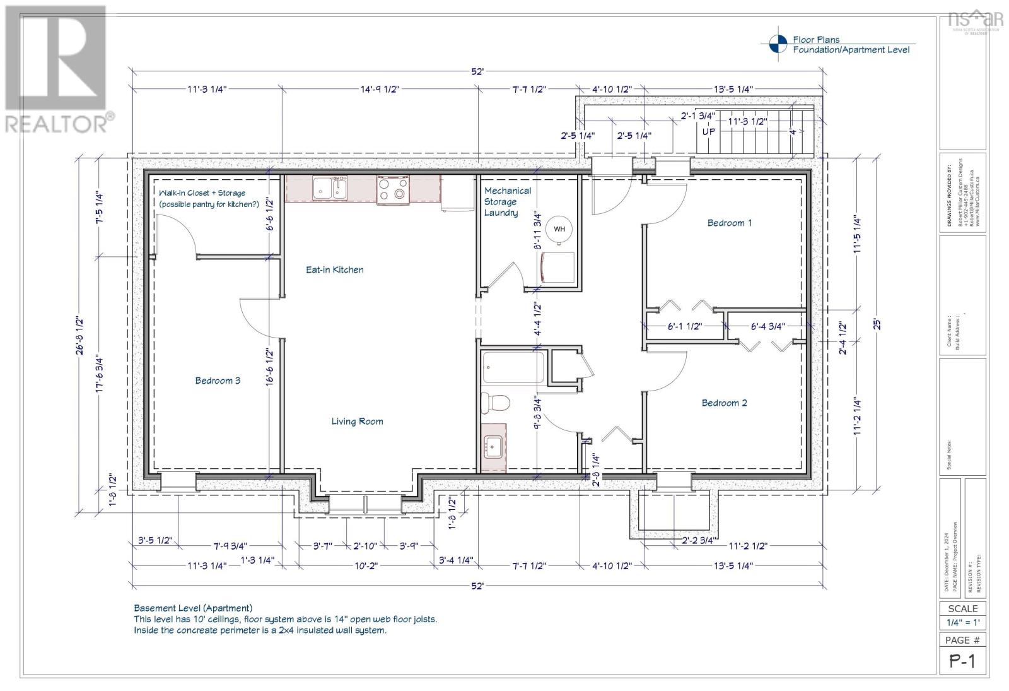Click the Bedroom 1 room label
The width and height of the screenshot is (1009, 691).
pos(729,223)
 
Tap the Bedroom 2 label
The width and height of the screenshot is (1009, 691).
pos(724,403)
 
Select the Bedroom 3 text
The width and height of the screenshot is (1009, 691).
pos(217,381)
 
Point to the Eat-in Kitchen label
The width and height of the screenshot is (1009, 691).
pos(334,269)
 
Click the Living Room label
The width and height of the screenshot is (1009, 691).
pos(357,422)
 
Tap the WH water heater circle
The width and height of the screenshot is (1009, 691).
pos(559,229)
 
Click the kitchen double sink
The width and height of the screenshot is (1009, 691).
pos(330,189)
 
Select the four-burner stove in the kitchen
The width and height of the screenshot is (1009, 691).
pos(393,189)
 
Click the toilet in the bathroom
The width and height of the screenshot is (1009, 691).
pos(494,402)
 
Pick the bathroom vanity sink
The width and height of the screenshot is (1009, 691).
pos(493,447)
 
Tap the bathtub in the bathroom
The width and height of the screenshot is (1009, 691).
pos(513,368)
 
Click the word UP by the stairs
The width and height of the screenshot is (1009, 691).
pos(709,133)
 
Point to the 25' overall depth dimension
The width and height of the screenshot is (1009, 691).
pos(875,324)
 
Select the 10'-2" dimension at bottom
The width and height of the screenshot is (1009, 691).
pos(365,566)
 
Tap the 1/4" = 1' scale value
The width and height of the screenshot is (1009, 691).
pos(962,623)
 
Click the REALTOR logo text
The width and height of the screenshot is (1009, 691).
pos(57,123)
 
